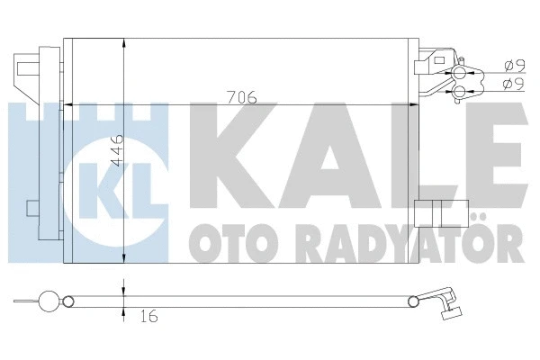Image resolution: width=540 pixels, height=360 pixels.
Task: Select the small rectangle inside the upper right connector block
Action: pyautogui.click(x=422, y=65)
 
